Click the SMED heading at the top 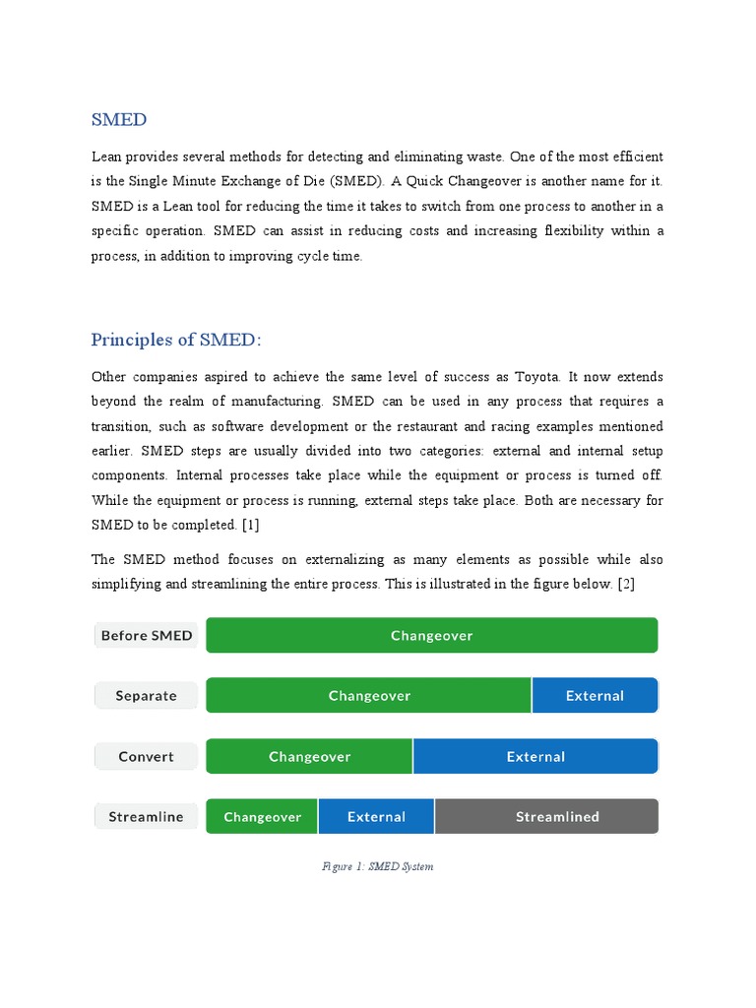[119, 120]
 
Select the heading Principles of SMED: [176, 341]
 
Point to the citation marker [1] [249, 525]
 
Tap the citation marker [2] [626, 585]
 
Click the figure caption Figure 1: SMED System [377, 867]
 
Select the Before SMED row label [147, 636]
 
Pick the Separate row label [147, 696]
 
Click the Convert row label [147, 757]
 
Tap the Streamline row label [147, 817]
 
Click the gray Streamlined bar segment [546, 817]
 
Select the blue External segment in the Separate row [595, 696]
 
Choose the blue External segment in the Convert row [535, 757]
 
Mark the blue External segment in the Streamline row [376, 817]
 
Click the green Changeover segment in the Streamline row [262, 817]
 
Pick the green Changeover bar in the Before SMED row [431, 636]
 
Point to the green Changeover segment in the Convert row [309, 757]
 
